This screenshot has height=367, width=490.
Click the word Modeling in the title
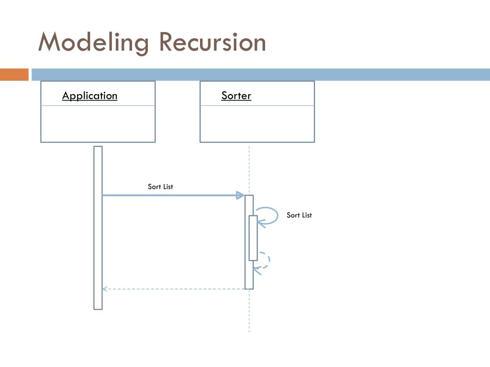tap(93, 43)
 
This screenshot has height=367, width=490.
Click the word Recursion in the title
tap(212, 42)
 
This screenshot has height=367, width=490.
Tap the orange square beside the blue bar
tap(14, 75)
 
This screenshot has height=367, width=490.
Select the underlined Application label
tap(89, 96)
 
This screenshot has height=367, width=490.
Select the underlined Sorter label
tap(236, 96)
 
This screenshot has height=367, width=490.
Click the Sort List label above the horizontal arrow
tap(160, 187)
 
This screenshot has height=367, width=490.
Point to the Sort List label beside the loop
tap(299, 215)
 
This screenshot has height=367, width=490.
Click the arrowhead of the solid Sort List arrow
tap(240, 195)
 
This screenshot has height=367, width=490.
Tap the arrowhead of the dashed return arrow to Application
tap(105, 289)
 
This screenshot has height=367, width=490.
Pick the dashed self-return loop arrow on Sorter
tap(269, 259)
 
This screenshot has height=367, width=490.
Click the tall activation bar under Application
tap(98, 228)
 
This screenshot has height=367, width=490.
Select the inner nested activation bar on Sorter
tap(253, 238)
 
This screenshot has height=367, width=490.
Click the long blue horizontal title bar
tap(261, 75)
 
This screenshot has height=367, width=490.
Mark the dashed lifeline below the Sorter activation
tap(249, 311)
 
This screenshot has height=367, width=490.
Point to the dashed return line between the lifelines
tap(174, 289)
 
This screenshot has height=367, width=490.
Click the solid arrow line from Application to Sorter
tap(173, 195)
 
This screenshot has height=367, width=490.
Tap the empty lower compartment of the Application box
tap(98, 124)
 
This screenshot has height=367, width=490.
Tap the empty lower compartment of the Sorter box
tap(257, 124)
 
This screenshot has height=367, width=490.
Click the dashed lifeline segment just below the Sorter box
tap(249, 169)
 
